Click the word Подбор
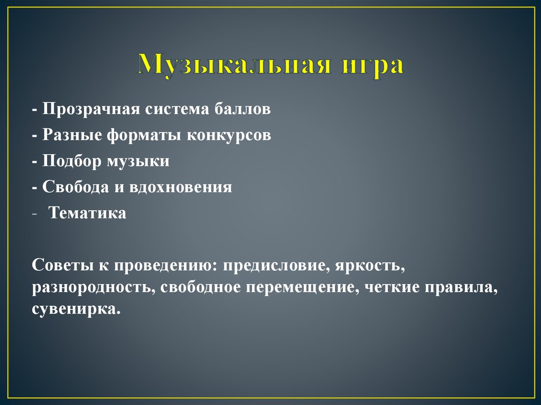point(73,161)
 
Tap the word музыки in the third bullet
point(138,161)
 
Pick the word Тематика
point(87,213)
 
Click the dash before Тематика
point(34,213)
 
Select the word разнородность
point(94,287)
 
